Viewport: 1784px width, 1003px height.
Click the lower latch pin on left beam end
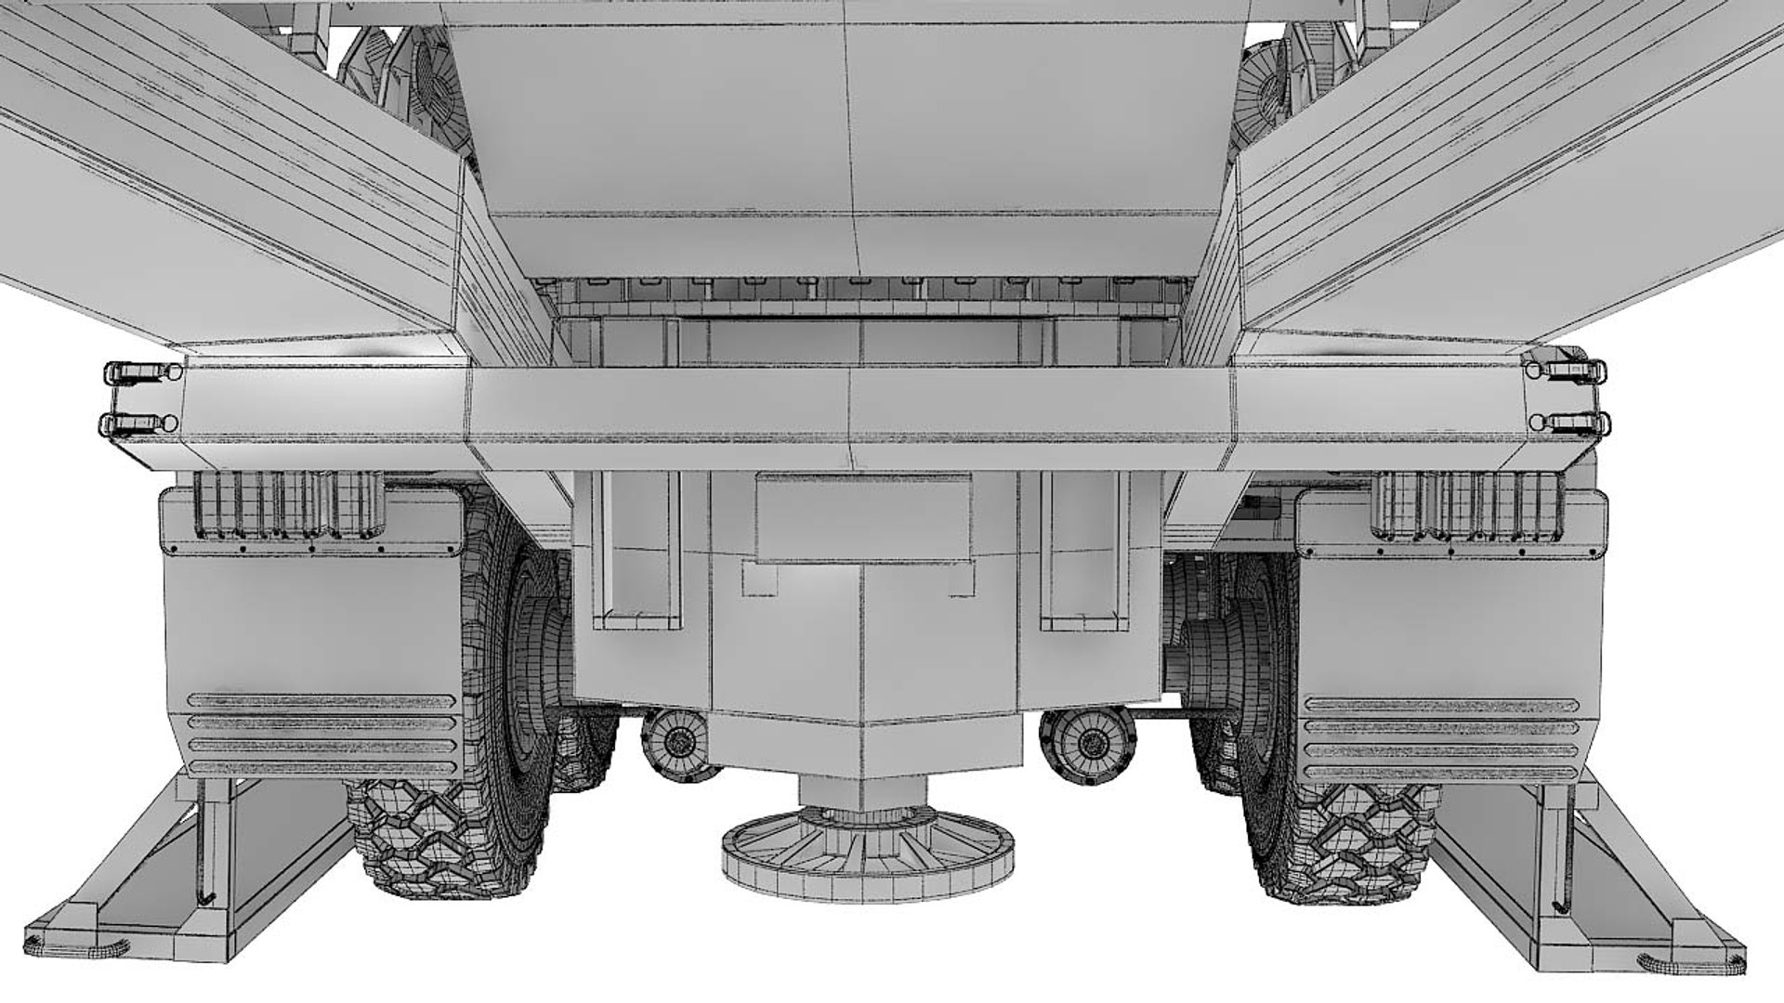139,425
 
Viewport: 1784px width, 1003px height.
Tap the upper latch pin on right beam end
1570,370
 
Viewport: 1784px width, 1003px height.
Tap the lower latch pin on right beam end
1570,423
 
